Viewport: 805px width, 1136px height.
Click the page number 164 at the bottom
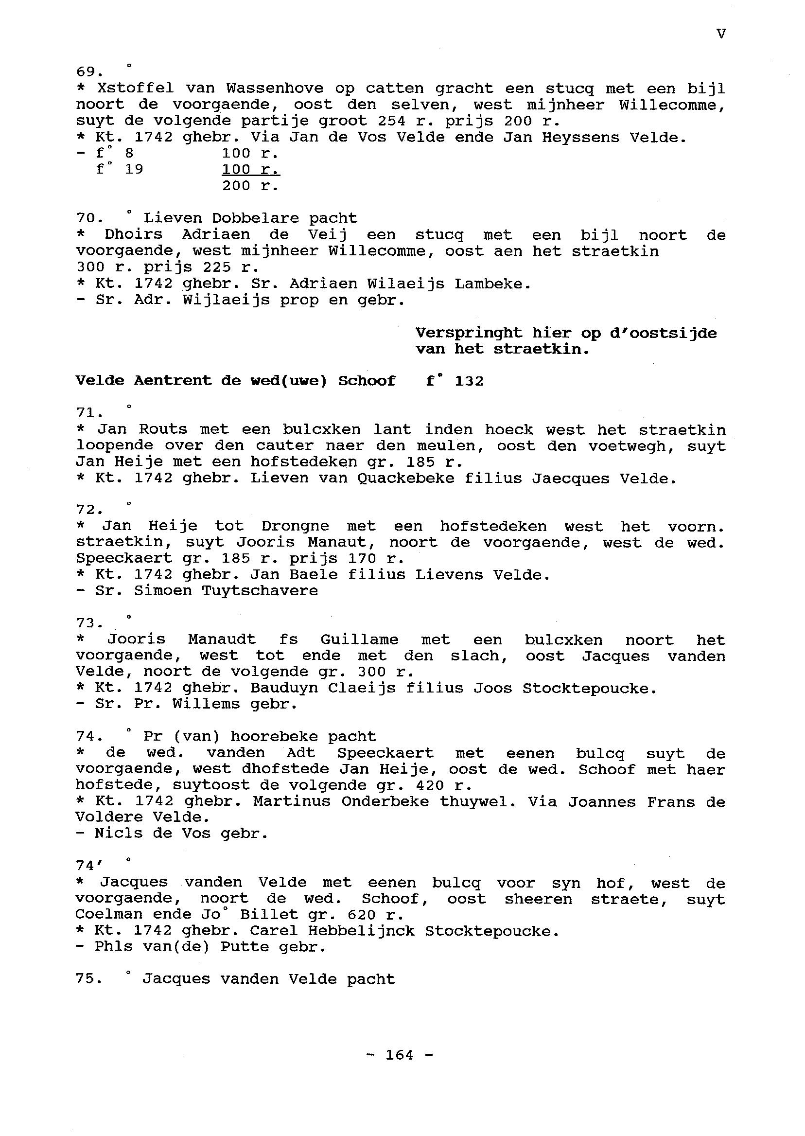coord(400,1055)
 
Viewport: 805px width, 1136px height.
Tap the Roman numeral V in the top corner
coord(721,34)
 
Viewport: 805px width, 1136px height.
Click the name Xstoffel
coord(135,88)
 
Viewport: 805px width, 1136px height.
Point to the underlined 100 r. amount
coord(250,170)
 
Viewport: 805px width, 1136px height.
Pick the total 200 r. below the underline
coord(250,186)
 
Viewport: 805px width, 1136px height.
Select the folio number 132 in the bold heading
coord(469,381)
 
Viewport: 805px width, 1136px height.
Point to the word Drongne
coord(295,526)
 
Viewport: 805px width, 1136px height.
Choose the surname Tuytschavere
coord(260,590)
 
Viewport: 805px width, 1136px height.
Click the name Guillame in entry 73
coord(359,639)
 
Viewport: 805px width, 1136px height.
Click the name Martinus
coord(292,802)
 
